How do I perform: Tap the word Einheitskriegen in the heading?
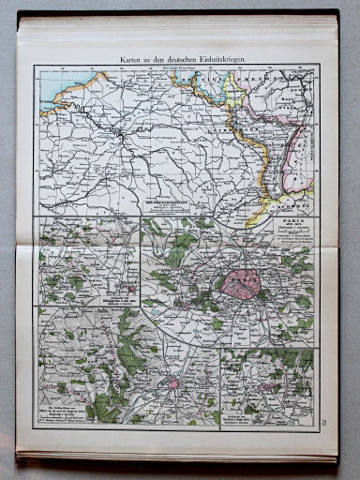pos(217,60)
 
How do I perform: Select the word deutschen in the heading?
pos(174,60)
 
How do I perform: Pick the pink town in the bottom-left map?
pos(172,383)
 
